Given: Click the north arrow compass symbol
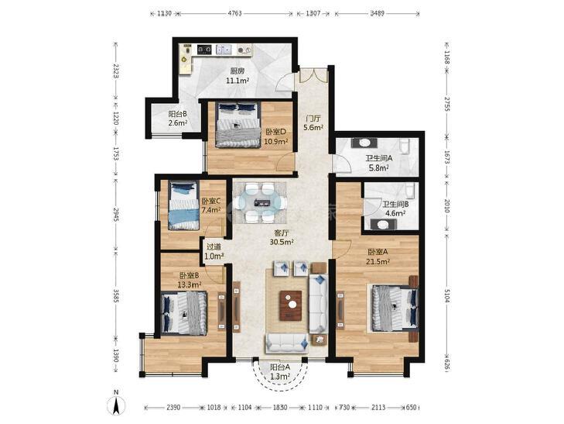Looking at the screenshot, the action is [x=116, y=405].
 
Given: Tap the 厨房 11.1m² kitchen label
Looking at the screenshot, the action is [x=238, y=76].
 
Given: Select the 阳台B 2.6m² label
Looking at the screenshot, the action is [x=178, y=119].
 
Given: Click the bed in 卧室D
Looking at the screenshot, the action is [x=238, y=125].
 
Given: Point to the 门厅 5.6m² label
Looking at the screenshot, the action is [x=313, y=122].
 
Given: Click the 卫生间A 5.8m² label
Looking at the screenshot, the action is [x=379, y=163].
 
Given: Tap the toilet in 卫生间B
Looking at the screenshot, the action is [x=409, y=190].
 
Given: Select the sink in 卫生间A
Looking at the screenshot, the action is [x=364, y=143].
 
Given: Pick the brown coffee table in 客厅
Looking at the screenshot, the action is [x=291, y=305].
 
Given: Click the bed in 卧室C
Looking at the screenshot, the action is [x=183, y=205].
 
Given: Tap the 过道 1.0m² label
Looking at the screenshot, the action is [x=214, y=251].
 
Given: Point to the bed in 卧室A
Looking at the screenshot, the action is [x=395, y=307].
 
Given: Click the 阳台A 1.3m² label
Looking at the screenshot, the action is [x=280, y=372].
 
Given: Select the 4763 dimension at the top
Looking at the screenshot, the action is [x=235, y=13].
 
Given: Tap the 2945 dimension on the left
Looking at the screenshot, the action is [x=116, y=214].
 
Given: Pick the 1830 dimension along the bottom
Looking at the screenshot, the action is [x=280, y=408].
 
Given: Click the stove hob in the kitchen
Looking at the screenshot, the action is [x=204, y=50].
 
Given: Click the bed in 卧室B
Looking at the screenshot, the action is [x=184, y=313].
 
